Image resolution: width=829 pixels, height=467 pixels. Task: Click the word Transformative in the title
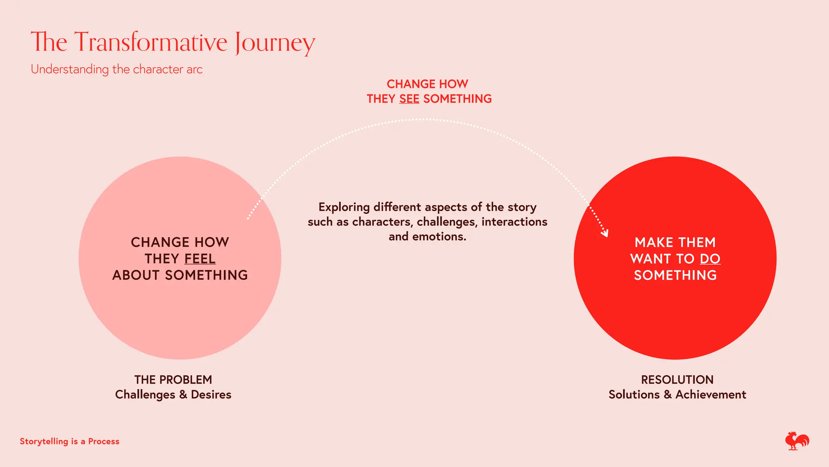click(151, 42)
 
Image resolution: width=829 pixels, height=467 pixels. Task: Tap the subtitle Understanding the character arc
click(117, 69)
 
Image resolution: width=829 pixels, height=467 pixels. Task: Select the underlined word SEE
click(409, 99)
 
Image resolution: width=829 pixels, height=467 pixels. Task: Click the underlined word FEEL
click(200, 259)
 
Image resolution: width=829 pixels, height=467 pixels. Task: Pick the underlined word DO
click(710, 259)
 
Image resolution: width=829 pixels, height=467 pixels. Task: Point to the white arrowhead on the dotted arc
click(605, 233)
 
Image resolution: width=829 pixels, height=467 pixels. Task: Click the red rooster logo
click(797, 441)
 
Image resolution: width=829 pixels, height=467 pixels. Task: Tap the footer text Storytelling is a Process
click(70, 441)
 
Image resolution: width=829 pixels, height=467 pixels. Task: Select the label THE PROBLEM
click(173, 380)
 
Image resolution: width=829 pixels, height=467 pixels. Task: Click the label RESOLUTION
click(677, 380)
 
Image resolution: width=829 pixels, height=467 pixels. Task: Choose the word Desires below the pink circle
click(211, 394)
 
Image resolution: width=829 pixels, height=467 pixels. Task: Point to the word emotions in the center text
click(439, 236)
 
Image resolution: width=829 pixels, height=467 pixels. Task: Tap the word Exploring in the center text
click(344, 207)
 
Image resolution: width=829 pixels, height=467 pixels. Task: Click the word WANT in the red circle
click(650, 259)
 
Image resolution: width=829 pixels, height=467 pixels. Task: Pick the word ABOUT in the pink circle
click(136, 275)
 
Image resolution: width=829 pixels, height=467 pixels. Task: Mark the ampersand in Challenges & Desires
click(183, 394)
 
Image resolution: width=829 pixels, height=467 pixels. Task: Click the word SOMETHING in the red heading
click(457, 99)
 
